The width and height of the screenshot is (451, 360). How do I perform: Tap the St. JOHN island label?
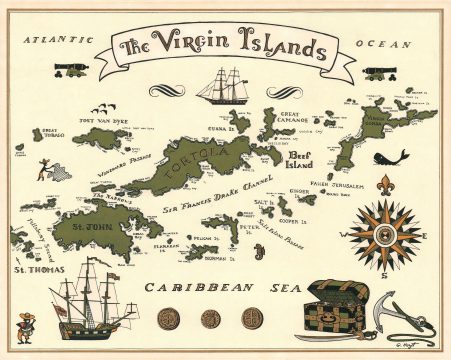pos(92,229)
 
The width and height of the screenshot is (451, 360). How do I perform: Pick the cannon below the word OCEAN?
pos(376,72)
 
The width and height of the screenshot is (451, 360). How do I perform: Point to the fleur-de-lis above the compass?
pos(387,186)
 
